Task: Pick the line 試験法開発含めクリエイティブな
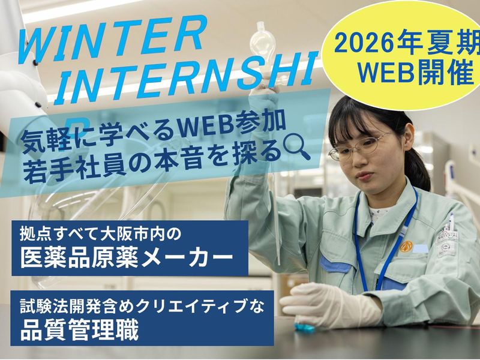point(141,305)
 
